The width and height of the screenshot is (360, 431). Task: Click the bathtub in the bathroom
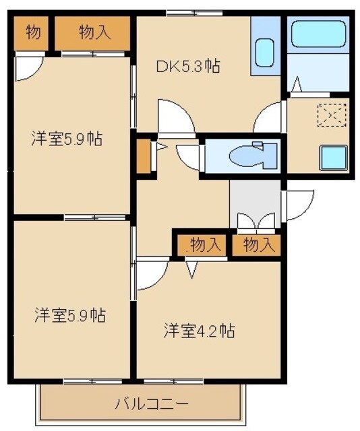tap(317, 35)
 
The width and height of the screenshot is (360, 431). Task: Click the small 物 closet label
tap(32, 32)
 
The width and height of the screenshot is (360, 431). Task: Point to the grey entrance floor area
tap(255, 199)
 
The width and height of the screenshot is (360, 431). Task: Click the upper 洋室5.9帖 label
tap(66, 139)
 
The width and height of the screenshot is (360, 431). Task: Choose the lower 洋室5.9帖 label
tap(69, 314)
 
